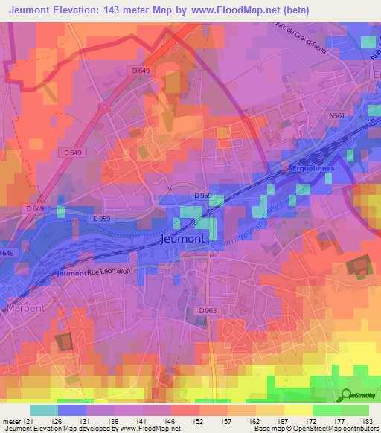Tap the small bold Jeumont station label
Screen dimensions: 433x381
[x=71, y=273]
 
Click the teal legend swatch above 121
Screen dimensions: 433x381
[x=43, y=410]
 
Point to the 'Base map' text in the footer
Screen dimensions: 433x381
[x=272, y=429]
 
